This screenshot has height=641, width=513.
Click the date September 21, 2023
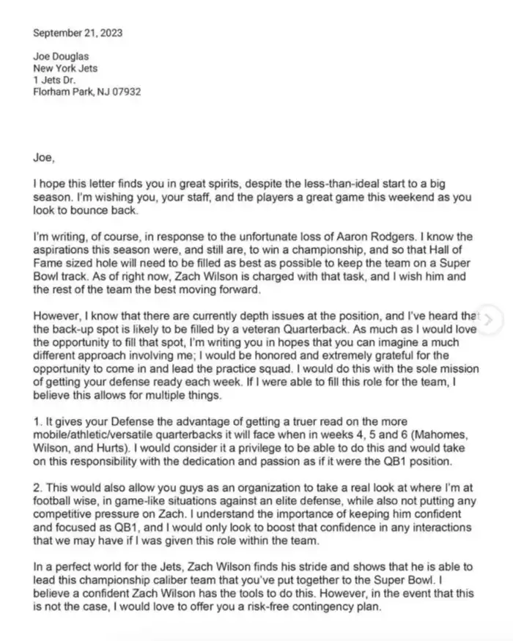coord(78,33)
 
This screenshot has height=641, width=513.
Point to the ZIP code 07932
coord(125,93)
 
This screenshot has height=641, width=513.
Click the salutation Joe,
coord(44,155)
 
